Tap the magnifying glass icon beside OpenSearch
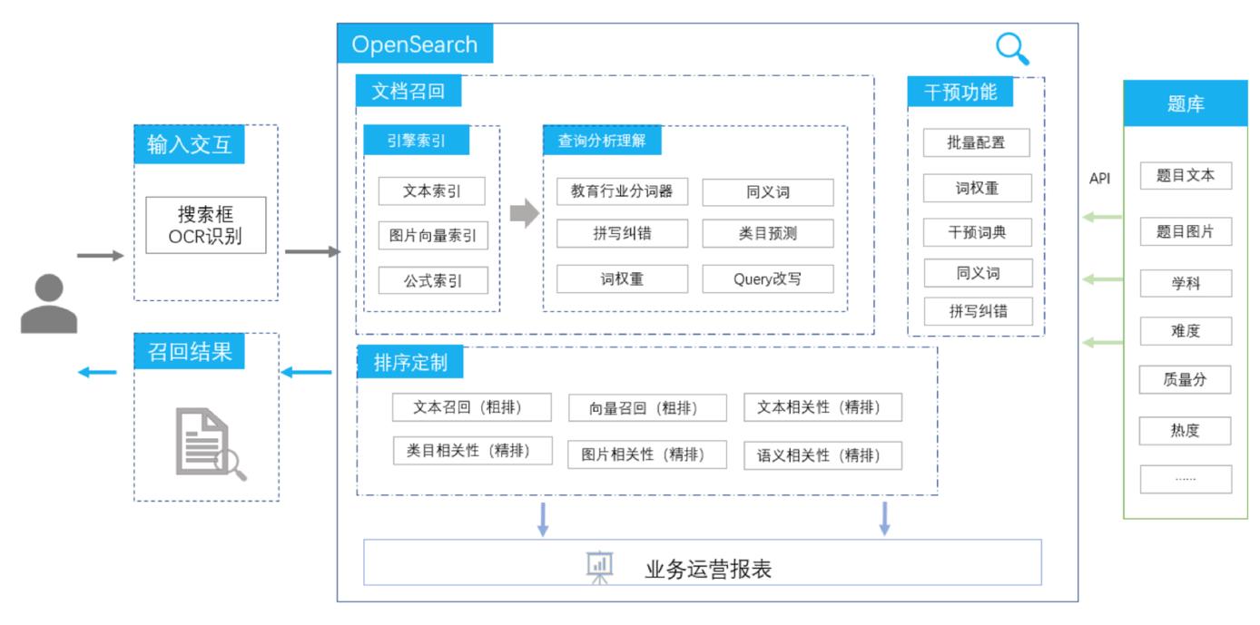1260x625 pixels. pos(1011,49)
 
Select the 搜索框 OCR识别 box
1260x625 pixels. pos(206,225)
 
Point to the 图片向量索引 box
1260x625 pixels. pos(432,236)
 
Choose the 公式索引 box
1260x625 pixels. pos(432,280)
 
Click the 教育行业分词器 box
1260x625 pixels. pos(622,191)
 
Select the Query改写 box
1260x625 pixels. pos(767,278)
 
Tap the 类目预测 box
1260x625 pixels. pos(767,233)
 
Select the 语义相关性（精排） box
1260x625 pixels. pos(822,455)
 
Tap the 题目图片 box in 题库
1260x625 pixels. pos(1186,232)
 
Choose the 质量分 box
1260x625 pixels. pos(1186,380)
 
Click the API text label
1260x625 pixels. pos(1099,179)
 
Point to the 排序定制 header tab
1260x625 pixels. pos(410,363)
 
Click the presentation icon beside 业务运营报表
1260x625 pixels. pos(600,567)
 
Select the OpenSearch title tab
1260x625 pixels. pos(415,44)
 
